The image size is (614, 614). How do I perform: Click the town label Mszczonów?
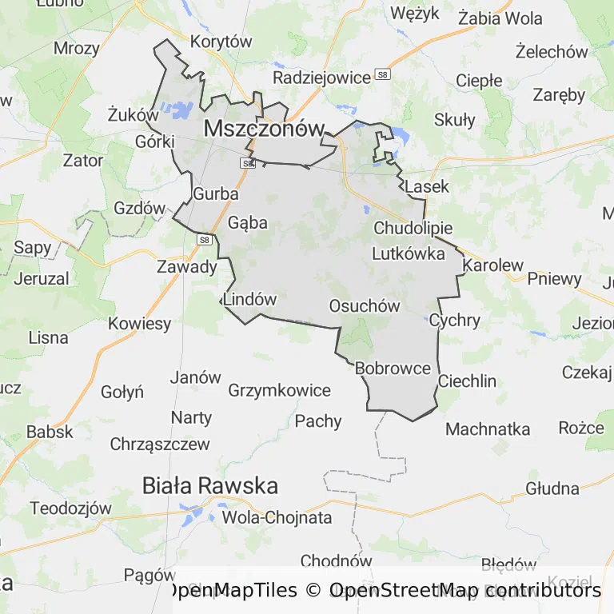click(265, 128)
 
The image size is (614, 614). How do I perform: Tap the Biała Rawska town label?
click(210, 485)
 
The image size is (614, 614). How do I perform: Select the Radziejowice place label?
click(321, 78)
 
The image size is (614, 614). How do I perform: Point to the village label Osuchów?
click(365, 306)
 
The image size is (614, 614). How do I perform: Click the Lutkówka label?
click(409, 254)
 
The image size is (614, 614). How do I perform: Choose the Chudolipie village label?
click(413, 228)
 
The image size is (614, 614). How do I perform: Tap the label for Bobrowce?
click(393, 369)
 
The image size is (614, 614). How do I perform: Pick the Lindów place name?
click(250, 300)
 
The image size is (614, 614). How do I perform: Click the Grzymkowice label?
click(279, 390)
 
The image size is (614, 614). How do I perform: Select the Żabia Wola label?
click(500, 18)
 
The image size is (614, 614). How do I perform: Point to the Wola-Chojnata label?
click(277, 517)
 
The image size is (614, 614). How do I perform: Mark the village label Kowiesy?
click(139, 324)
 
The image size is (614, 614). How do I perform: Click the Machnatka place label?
click(488, 429)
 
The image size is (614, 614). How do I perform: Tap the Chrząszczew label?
click(160, 444)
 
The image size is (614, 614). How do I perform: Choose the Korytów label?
click(221, 42)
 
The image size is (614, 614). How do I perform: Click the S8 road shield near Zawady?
click(204, 239)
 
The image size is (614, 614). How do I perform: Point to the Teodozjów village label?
click(70, 508)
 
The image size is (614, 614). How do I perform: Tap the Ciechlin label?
click(478, 381)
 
